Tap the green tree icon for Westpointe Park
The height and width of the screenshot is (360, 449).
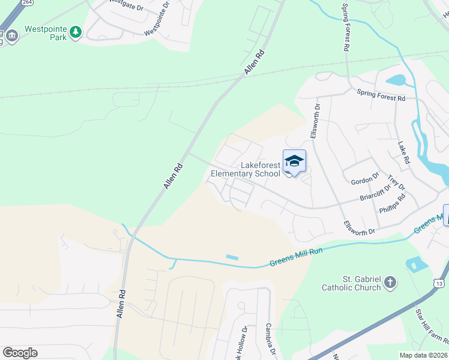pos(75,32)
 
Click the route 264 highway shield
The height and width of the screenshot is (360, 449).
pos(27,2)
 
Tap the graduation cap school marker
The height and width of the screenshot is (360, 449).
pos(294,161)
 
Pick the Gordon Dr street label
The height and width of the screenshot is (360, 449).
pos(364,178)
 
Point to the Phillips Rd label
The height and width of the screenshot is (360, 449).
pos(393,203)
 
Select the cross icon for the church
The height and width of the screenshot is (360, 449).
pos(390,282)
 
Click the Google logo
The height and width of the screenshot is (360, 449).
pos(20,353)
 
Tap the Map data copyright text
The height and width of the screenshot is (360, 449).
pos(423,355)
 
